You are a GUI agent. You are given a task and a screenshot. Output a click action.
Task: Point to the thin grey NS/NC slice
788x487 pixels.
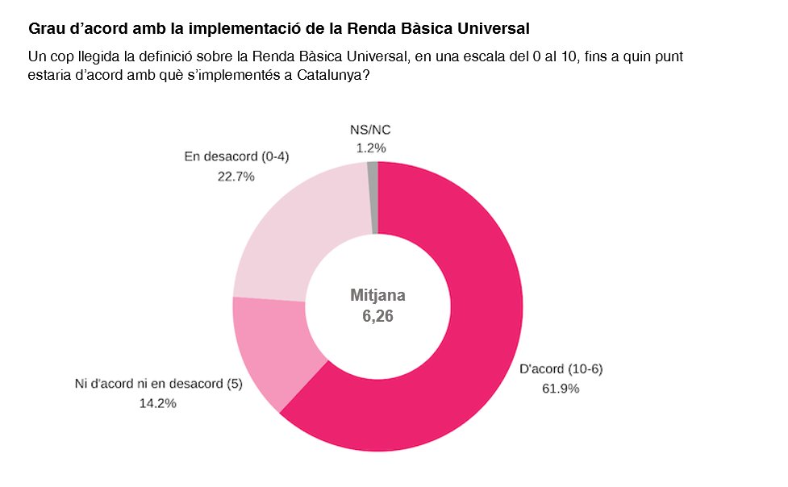372,198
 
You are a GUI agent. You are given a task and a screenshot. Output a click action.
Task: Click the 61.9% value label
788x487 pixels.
561,388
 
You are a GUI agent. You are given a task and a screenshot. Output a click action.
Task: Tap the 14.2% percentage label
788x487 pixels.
158,403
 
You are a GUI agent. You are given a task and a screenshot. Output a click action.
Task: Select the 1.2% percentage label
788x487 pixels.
371,148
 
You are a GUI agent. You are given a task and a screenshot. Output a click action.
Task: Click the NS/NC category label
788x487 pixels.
372,130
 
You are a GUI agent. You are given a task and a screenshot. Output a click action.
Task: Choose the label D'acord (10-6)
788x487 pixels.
561,369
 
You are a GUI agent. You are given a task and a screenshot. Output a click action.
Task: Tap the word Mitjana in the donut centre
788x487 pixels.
377,295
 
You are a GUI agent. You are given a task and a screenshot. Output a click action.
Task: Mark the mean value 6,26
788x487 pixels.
377,316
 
